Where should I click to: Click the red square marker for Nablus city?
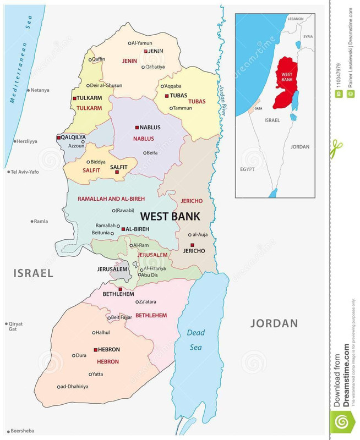click(x=137, y=127)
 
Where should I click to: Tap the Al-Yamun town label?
click(x=142, y=42)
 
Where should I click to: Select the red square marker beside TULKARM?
click(x=74, y=98)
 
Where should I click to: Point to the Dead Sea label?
click(x=195, y=340)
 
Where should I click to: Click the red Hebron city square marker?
click(x=95, y=349)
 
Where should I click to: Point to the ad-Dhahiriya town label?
click(x=75, y=387)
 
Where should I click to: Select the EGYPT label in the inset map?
click(x=247, y=169)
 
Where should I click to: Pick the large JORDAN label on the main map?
click(x=274, y=323)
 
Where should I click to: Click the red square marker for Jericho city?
click(x=192, y=245)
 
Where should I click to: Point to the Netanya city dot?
click(x=28, y=90)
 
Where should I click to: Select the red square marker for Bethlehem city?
click(x=120, y=289)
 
